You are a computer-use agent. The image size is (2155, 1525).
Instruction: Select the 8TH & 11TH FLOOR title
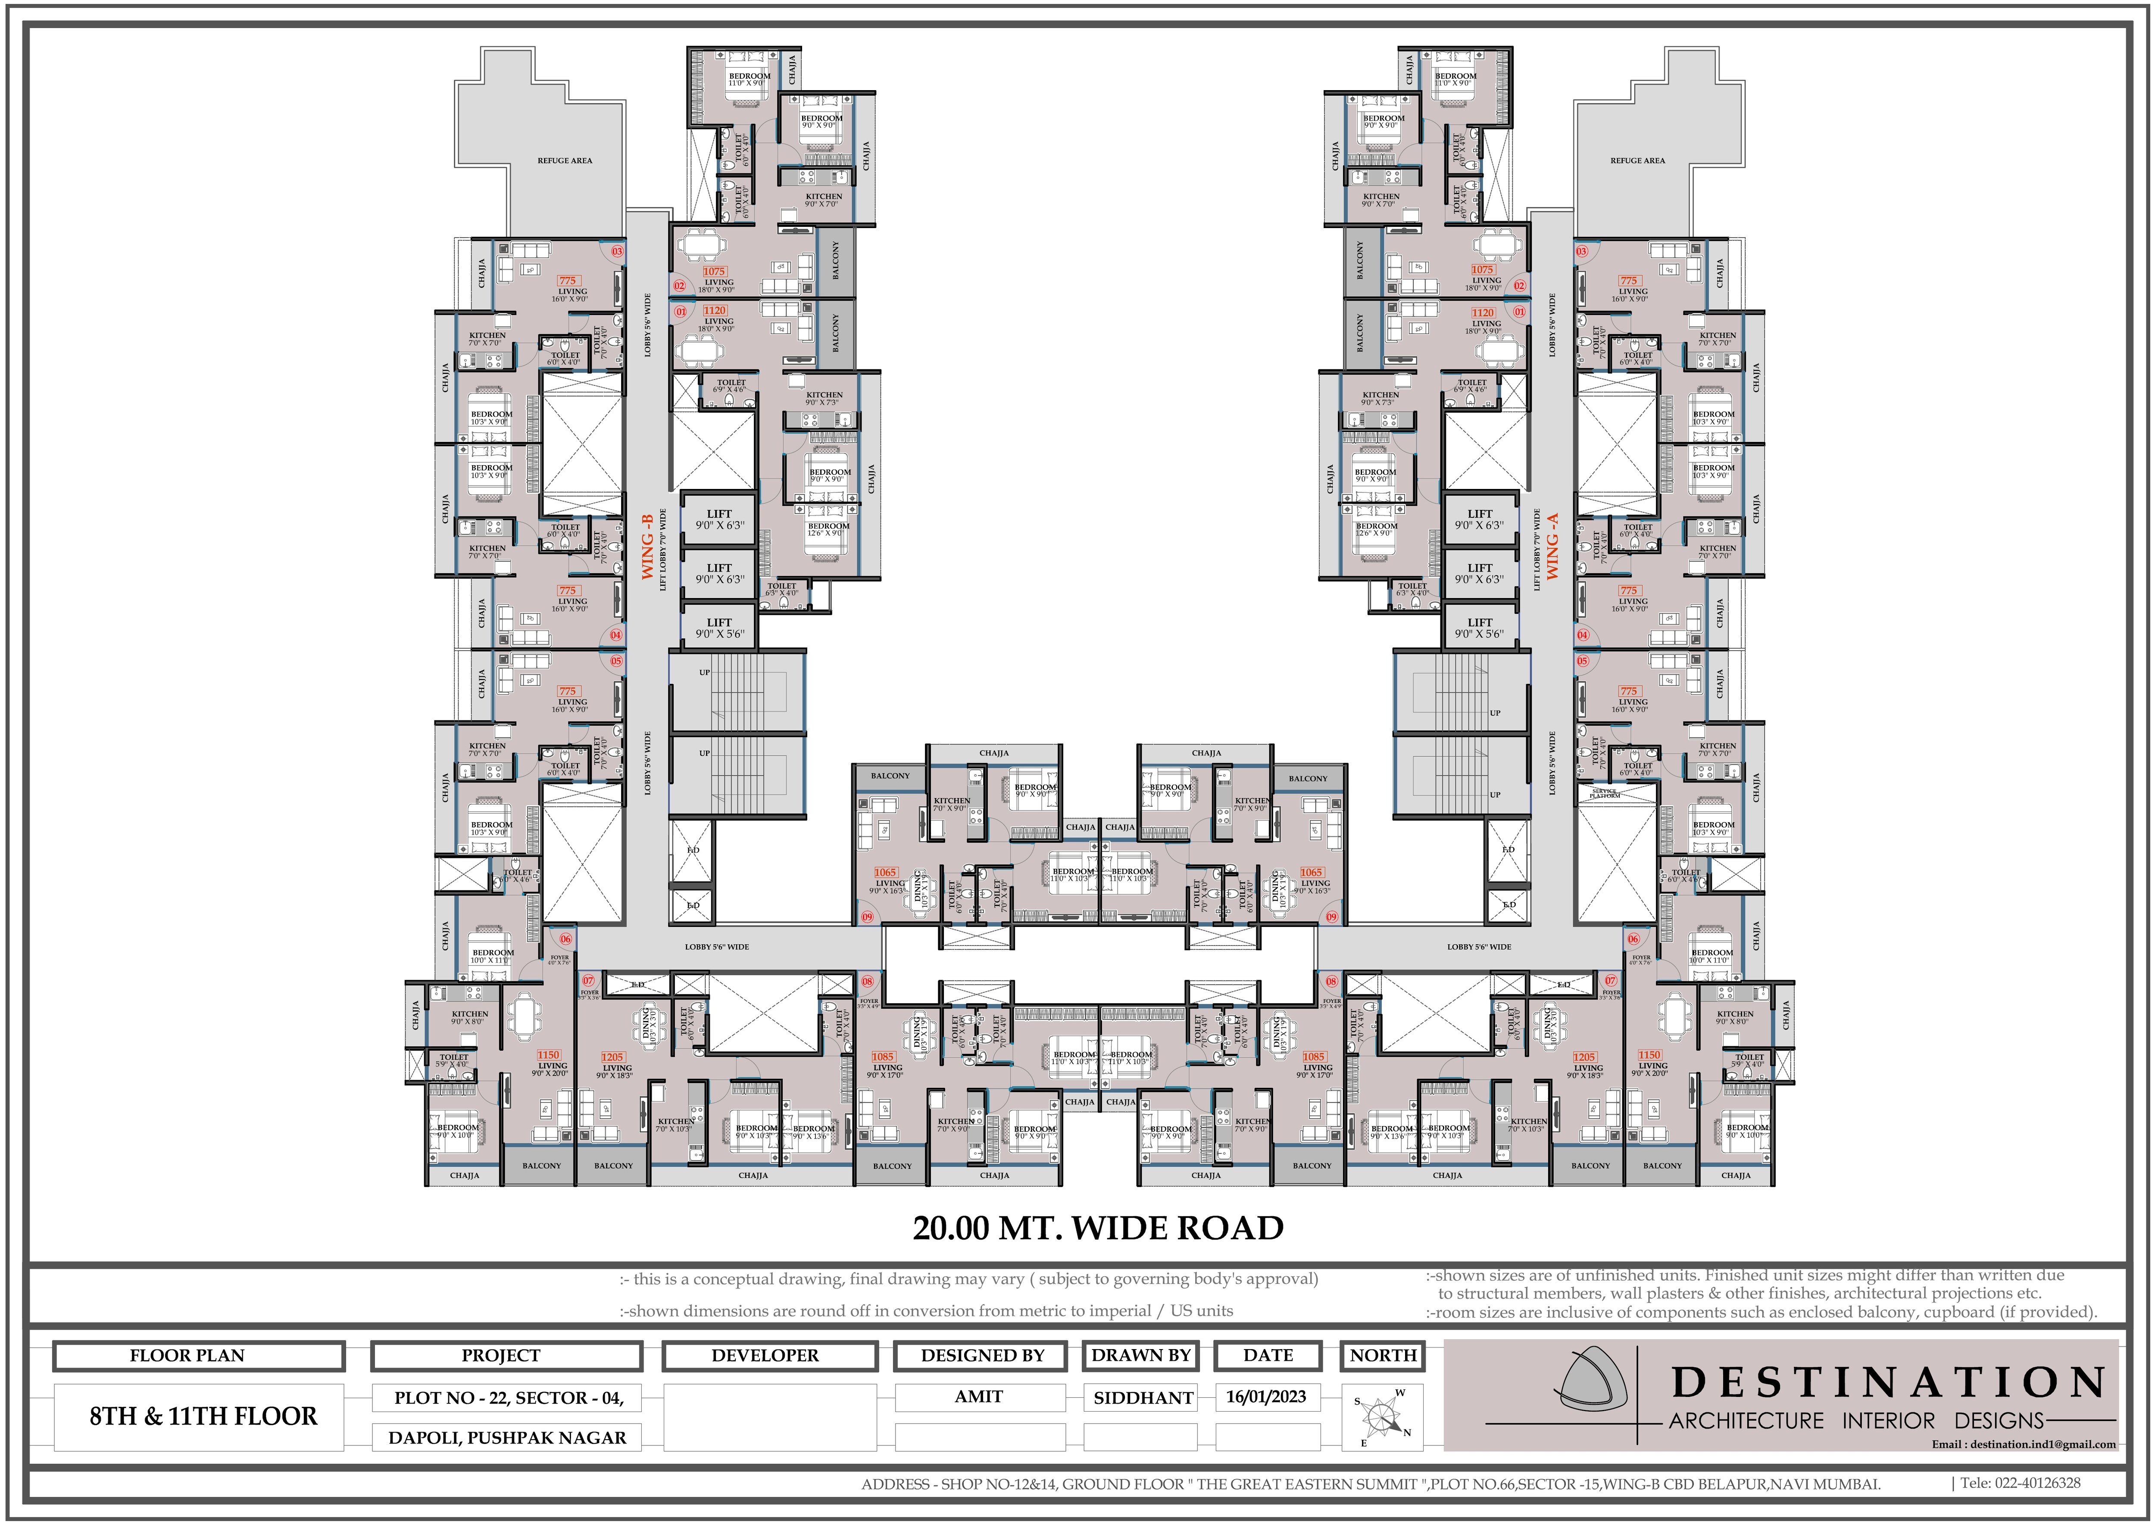pyautogui.click(x=203, y=1416)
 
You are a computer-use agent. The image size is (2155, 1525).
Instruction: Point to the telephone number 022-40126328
pyautogui.click(x=2027, y=1484)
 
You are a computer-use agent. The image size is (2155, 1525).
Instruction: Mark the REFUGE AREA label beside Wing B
pyautogui.click(x=564, y=160)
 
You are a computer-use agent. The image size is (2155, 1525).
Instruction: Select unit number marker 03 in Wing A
pyautogui.click(x=1581, y=252)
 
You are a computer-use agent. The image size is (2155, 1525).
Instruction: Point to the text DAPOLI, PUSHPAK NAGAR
pyautogui.click(x=507, y=1437)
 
